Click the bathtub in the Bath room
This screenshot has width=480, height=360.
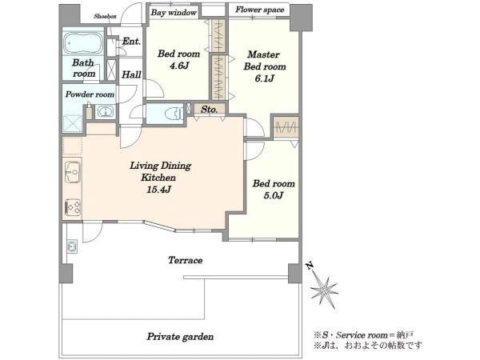[x=83, y=42]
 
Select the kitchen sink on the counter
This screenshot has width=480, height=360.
[x=73, y=172]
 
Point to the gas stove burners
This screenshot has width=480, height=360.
[x=73, y=206]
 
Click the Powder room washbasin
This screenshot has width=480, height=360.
[x=105, y=111]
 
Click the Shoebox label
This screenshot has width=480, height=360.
[x=105, y=16]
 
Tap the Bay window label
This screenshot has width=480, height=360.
[x=174, y=13]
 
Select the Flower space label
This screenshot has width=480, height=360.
[x=259, y=10]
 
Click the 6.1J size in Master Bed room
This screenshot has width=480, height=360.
[x=265, y=78]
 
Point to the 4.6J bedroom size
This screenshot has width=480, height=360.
[x=179, y=66]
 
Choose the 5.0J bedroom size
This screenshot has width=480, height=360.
[x=274, y=195]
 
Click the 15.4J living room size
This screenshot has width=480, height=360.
[x=158, y=190]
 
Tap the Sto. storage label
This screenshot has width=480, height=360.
[x=210, y=110]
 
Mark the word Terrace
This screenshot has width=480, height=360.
[x=186, y=260]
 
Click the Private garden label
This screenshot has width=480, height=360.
[x=180, y=337]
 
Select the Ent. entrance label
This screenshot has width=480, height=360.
[x=131, y=42]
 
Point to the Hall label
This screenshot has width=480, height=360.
[x=132, y=74]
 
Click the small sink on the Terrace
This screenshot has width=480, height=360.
[x=72, y=246]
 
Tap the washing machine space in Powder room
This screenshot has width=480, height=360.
[x=73, y=124]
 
